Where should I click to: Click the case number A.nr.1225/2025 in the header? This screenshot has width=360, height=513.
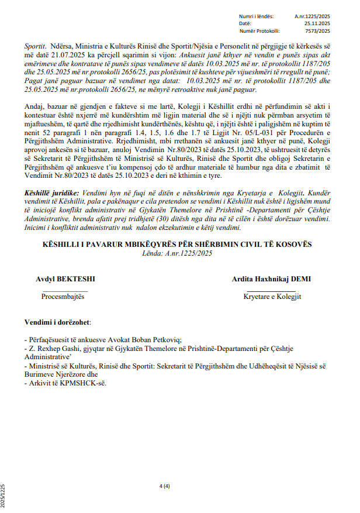(312, 17)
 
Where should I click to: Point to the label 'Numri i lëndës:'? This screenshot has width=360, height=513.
(256, 17)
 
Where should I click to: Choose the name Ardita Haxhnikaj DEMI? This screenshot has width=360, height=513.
(271, 279)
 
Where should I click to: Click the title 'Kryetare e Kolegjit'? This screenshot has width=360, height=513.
(272, 297)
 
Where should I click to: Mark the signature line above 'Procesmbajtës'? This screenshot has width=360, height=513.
(65, 290)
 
